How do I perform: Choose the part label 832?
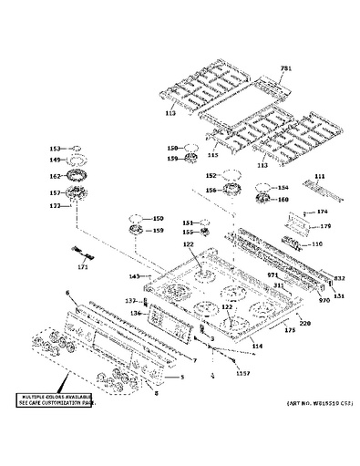pos(338,278)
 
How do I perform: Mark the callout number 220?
pos(305,324)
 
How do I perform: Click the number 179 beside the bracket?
pos(324,226)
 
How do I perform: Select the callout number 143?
pos(134,276)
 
